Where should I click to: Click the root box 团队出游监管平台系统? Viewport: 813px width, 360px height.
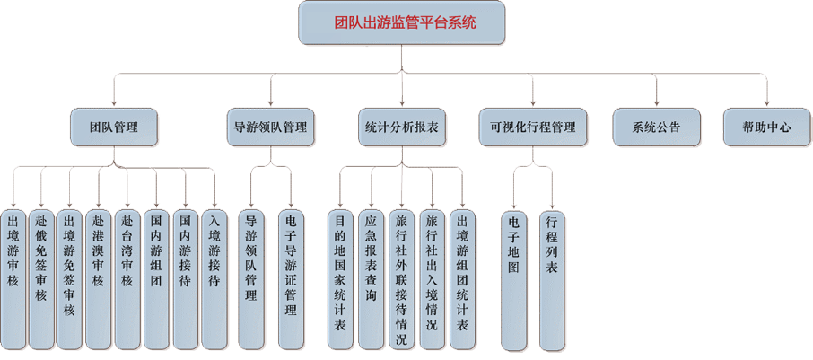[x=403, y=22]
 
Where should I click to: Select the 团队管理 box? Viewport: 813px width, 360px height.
[x=115, y=127]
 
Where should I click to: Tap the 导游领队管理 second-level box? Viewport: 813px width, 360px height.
[x=270, y=127]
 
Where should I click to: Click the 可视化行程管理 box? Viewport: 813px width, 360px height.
[x=532, y=127]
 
